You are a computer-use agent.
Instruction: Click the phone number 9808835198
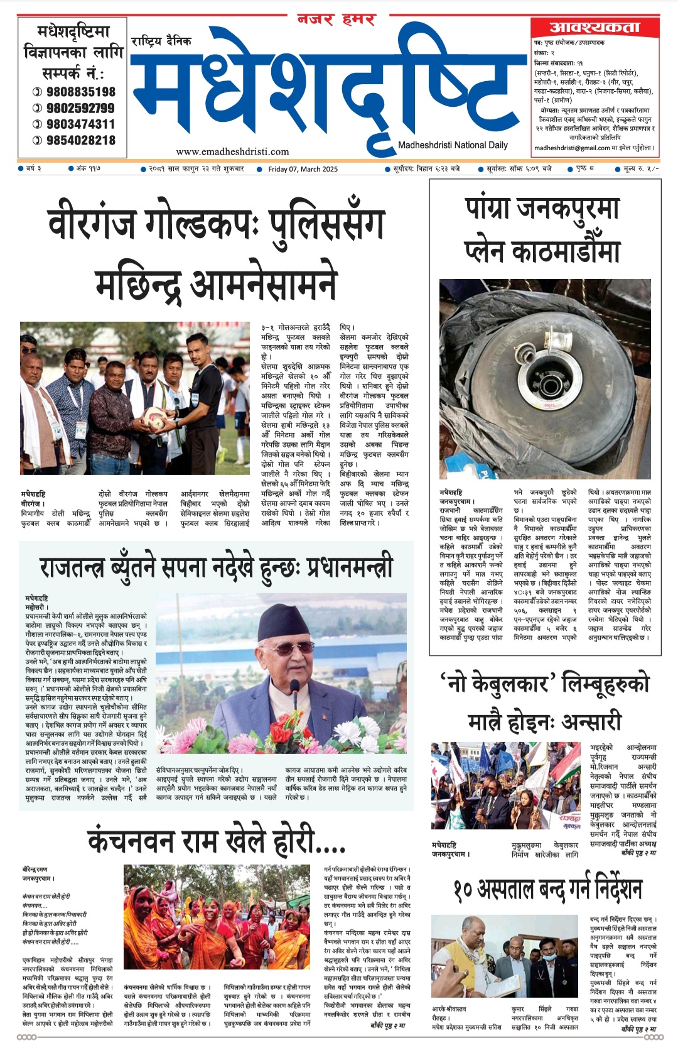[80, 92]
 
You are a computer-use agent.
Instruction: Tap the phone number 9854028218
[80, 141]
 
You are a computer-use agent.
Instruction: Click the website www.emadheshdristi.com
[232, 151]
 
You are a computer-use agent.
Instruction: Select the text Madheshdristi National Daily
[453, 145]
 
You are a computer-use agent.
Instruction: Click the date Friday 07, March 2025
[303, 169]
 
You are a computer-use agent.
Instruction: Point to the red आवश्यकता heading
[594, 27]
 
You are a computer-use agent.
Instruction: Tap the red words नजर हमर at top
[336, 19]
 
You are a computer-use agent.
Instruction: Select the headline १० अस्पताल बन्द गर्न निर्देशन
[547, 889]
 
